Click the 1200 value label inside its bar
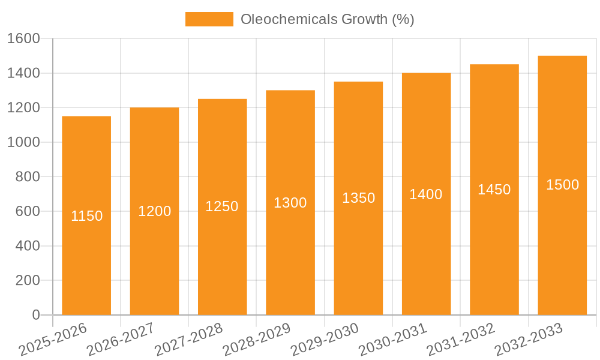click(x=155, y=211)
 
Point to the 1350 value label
click(x=359, y=198)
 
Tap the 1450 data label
click(x=494, y=190)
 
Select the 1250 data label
click(x=222, y=206)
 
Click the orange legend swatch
click(x=209, y=19)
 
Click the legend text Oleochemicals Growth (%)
click(x=327, y=19)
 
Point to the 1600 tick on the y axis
click(x=23, y=38)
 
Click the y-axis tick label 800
click(x=27, y=177)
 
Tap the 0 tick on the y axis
click(x=35, y=315)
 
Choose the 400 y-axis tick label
click(x=27, y=246)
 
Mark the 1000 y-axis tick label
click(x=23, y=142)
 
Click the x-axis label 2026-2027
click(x=121, y=339)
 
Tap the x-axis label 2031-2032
click(x=461, y=339)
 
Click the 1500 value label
click(x=563, y=185)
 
